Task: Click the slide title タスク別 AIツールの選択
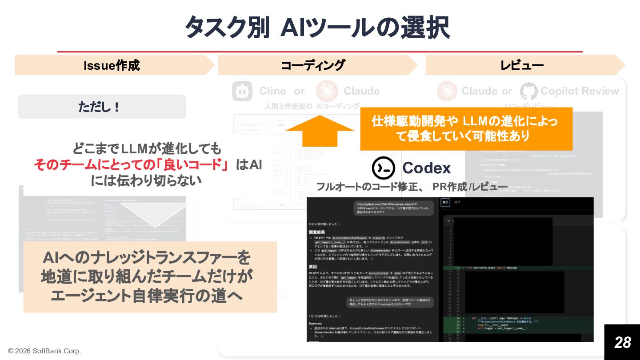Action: click(316, 28)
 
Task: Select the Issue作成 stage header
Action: click(112, 65)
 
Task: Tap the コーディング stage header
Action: click(313, 65)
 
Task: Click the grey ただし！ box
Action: click(101, 107)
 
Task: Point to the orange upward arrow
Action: click(320, 130)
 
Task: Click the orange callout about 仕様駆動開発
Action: click(465, 129)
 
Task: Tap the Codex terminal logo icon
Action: click(383, 168)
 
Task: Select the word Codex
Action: click(426, 168)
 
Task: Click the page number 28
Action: click(622, 342)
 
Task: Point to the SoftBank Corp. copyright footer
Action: click(44, 351)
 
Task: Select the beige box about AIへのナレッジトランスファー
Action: click(150, 276)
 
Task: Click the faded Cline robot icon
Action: click(242, 91)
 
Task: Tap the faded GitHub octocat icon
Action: click(528, 91)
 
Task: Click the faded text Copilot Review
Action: click(580, 91)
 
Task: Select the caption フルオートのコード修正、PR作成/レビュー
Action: click(412, 187)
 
